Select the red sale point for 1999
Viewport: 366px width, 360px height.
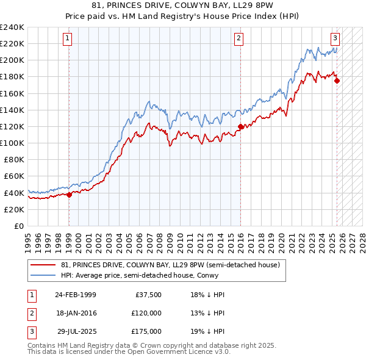(69, 195)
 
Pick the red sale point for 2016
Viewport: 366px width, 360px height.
(240, 127)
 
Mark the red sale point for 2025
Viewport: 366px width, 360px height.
(337, 81)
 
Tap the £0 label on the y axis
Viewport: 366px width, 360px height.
(20, 226)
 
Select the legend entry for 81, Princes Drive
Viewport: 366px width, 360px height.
(170, 265)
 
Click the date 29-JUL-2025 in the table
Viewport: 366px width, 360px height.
(77, 331)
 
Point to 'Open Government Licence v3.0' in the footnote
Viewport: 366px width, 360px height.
(182, 352)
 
